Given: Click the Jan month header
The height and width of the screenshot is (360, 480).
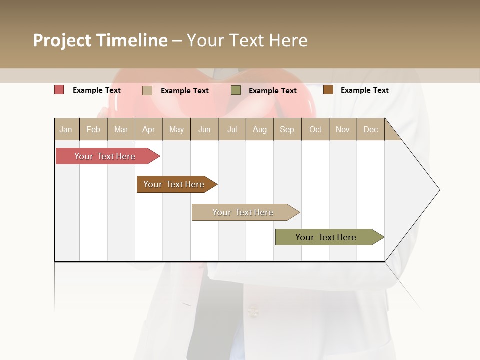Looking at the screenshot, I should click(x=66, y=129).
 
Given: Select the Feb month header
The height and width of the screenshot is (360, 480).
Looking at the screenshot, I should click(x=93, y=129).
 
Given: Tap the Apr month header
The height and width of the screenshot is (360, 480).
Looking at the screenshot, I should click(x=148, y=129).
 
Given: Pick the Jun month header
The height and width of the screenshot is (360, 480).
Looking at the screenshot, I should click(x=204, y=129).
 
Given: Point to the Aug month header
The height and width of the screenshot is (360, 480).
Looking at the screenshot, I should click(x=259, y=129).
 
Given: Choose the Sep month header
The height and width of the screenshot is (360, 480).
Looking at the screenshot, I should click(x=287, y=129).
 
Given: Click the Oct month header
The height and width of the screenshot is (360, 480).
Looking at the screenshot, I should click(x=315, y=129).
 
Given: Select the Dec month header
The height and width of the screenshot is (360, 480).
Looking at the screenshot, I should click(x=370, y=129).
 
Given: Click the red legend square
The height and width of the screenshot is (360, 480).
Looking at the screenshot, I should click(x=59, y=90).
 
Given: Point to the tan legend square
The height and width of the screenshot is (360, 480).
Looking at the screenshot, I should click(x=147, y=90).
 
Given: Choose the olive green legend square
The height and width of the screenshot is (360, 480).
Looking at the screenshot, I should click(x=236, y=90).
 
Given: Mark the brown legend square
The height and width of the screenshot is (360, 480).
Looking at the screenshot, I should click(x=328, y=90).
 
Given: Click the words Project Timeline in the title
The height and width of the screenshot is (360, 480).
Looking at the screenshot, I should click(x=100, y=40).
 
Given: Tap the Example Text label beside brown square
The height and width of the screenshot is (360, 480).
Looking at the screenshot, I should click(x=364, y=90).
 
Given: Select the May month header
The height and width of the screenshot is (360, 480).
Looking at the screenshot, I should click(x=176, y=129).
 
